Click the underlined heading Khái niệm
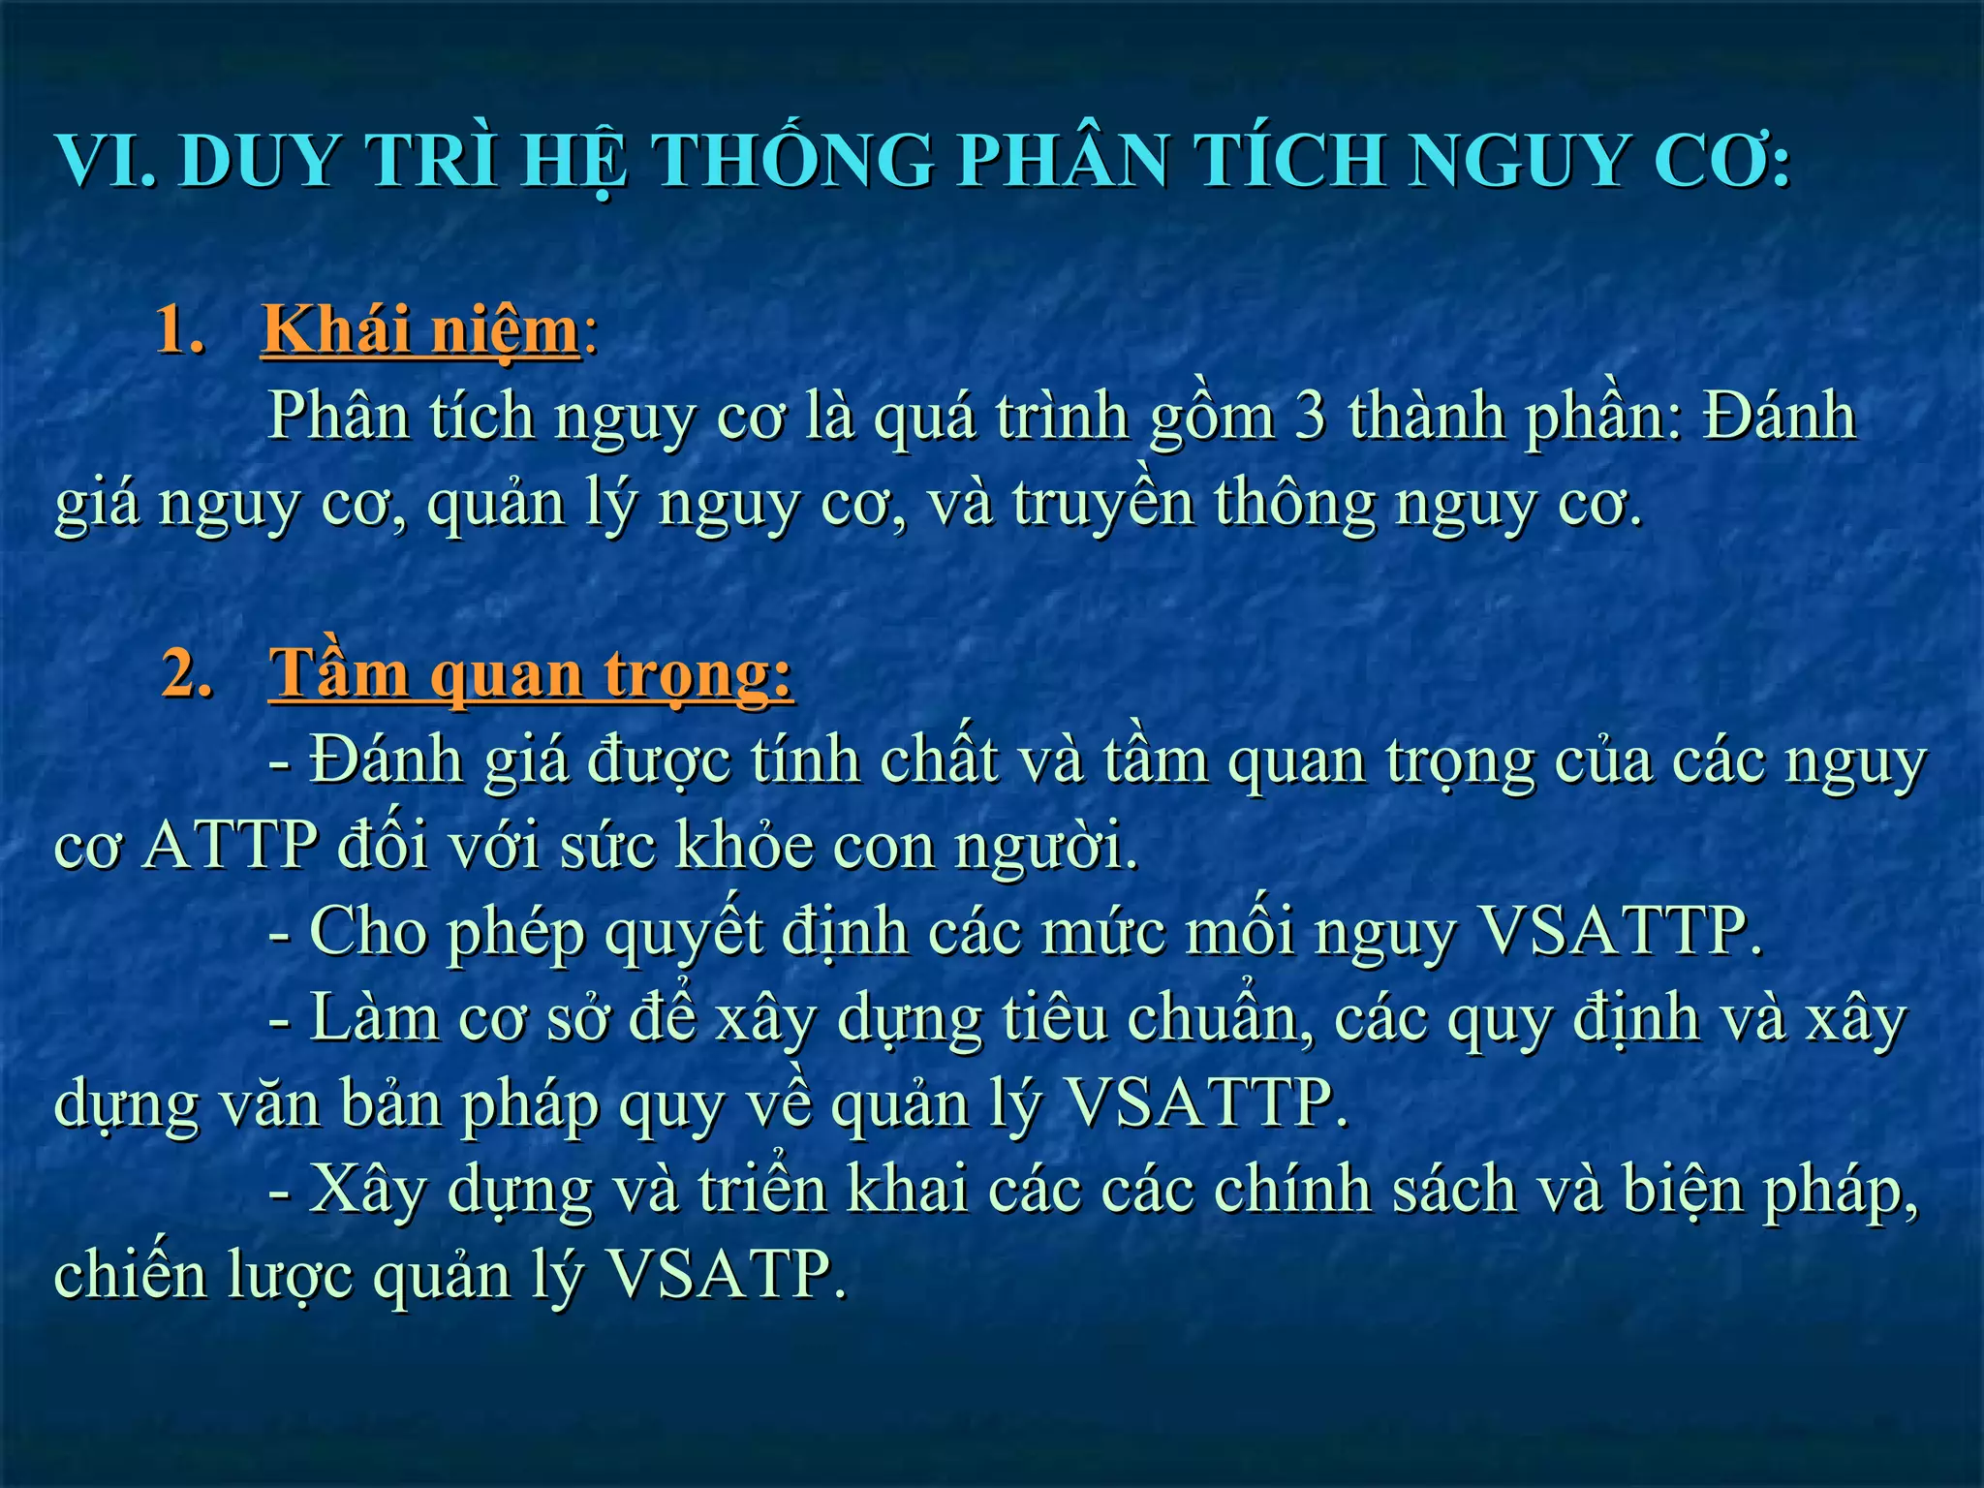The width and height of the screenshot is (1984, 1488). [x=420, y=331]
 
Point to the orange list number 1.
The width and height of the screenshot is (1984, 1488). [x=180, y=331]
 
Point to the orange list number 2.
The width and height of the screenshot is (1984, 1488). [x=188, y=673]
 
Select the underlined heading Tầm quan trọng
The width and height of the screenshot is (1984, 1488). [x=531, y=673]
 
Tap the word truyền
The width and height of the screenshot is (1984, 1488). [x=1103, y=504]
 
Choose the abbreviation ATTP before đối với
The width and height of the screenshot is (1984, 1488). [x=231, y=846]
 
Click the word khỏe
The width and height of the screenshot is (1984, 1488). [x=744, y=846]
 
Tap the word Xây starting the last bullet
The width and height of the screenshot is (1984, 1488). [x=368, y=1190]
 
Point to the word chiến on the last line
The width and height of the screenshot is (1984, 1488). [x=131, y=1275]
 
